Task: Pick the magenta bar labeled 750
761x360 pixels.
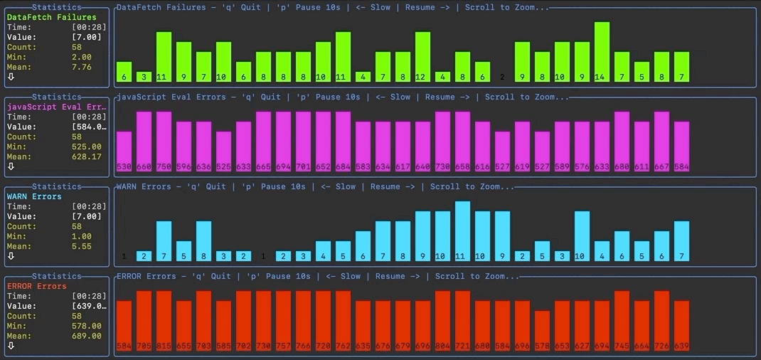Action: [164, 141]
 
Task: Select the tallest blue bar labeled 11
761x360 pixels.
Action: [462, 231]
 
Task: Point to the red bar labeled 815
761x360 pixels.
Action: [164, 320]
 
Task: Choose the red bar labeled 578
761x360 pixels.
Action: [542, 331]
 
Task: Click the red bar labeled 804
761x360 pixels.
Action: [442, 320]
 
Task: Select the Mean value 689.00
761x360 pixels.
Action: [87, 336]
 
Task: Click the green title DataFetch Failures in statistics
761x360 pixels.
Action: [51, 17]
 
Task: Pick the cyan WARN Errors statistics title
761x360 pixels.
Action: [34, 196]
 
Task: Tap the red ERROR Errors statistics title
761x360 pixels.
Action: [37, 286]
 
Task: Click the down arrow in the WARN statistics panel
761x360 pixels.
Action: [11, 255]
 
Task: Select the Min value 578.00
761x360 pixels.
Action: [87, 326]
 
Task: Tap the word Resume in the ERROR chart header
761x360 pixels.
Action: [390, 276]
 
